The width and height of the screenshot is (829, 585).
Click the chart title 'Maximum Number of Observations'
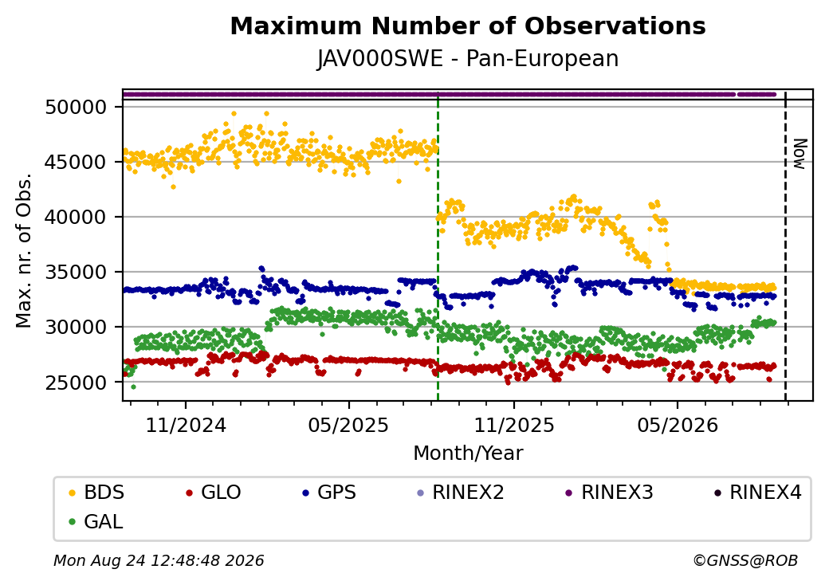tap(468, 26)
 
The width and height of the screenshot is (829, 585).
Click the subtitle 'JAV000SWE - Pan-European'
tap(468, 58)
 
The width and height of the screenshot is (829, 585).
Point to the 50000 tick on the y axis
tap(77, 108)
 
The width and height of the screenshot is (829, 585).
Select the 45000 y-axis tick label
tap(77, 163)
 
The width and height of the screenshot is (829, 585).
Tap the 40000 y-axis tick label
tap(77, 218)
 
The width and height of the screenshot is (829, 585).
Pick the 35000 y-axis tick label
tap(77, 272)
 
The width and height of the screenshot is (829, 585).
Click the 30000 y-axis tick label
tap(77, 327)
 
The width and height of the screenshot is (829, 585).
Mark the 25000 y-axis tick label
tap(77, 383)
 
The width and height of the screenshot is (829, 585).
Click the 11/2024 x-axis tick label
tap(186, 426)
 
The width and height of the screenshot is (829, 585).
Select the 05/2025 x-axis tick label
tap(348, 426)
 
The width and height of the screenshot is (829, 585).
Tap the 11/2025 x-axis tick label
tap(514, 426)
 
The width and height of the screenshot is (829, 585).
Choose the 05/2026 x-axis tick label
tap(678, 426)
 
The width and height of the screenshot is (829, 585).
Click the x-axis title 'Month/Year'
tap(468, 453)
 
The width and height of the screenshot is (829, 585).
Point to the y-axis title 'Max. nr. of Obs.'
tap(24, 250)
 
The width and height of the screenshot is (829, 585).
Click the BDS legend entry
tap(96, 493)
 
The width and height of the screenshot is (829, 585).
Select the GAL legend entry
tap(96, 521)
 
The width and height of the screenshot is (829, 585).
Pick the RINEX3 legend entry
tap(609, 493)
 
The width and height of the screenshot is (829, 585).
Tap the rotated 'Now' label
tap(801, 154)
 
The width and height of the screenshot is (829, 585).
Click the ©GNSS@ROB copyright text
tap(745, 560)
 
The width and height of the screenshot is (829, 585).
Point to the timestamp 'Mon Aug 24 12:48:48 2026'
tap(159, 560)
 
